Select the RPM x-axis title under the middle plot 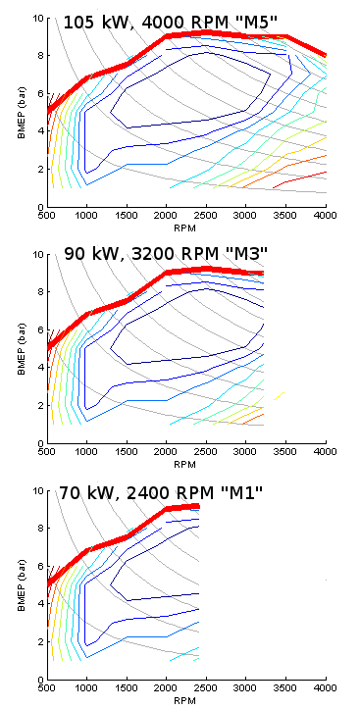tap(186, 463)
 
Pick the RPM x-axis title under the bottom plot tap(186, 700)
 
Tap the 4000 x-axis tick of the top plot tap(326, 215)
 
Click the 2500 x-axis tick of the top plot tap(206, 215)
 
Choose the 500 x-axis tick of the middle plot tap(46, 451)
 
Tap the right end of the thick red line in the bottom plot tap(198, 506)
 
